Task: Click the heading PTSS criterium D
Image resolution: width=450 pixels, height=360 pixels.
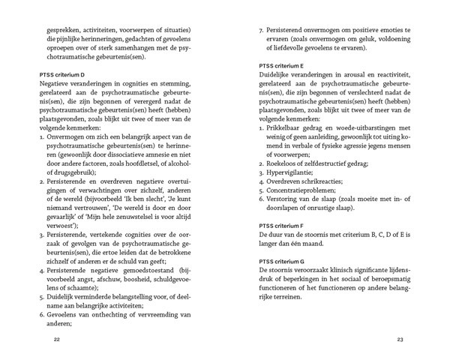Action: tap(66, 76)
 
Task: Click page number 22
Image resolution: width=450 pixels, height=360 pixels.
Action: tap(57, 339)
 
